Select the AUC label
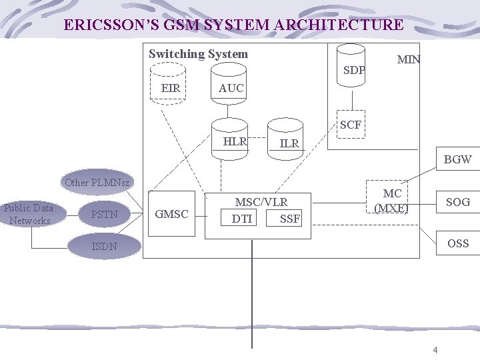[x=231, y=88]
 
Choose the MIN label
[x=409, y=59]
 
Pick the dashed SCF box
[x=351, y=125]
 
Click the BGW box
[x=457, y=159]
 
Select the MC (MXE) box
[x=392, y=200]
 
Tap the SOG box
[x=457, y=202]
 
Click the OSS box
[x=457, y=243]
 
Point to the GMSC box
[x=171, y=214]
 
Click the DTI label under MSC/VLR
[x=242, y=218]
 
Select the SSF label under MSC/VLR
[x=290, y=218]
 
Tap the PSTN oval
[x=104, y=214]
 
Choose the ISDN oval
[x=105, y=246]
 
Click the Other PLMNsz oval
[x=97, y=182]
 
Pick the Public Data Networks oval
[x=28, y=214]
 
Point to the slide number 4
[x=435, y=349]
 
